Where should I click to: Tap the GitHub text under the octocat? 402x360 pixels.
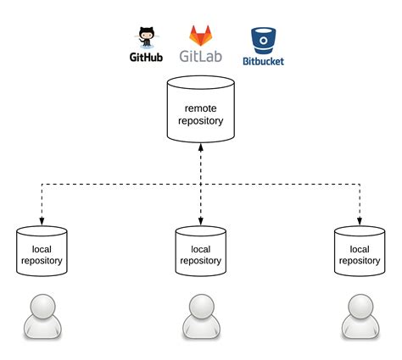(x=146, y=60)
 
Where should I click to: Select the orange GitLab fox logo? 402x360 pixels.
(x=200, y=36)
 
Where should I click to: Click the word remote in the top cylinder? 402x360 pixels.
(x=200, y=108)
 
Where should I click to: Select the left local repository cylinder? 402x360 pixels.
(x=42, y=252)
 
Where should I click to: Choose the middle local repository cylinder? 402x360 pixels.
(x=200, y=252)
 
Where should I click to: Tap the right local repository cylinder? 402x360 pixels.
(x=359, y=252)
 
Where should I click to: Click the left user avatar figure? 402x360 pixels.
(x=42, y=317)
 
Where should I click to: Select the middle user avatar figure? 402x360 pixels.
(x=200, y=317)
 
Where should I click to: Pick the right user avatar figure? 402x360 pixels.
(x=359, y=317)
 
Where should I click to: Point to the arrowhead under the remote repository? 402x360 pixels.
(x=200, y=147)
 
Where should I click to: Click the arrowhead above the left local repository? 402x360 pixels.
(x=42, y=218)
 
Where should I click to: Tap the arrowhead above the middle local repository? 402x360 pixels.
(x=200, y=218)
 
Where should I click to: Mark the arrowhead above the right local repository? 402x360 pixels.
(x=359, y=218)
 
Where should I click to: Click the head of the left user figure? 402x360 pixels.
(x=42, y=306)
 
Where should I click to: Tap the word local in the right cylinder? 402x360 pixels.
(x=360, y=249)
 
